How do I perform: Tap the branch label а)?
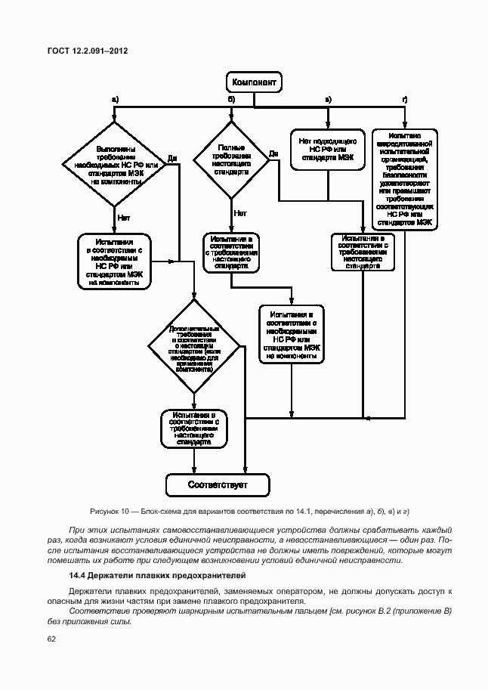115,99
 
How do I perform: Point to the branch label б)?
232,99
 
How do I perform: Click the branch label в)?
328,99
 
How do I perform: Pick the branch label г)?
405,99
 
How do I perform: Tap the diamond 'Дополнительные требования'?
194,348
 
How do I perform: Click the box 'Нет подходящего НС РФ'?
327,150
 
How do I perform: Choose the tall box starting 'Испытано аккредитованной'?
405,180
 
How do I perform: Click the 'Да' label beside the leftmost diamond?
172,159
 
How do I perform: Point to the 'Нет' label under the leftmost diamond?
124,218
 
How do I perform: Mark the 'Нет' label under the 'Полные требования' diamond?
240,213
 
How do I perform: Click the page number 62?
51,639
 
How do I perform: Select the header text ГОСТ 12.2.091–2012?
87,51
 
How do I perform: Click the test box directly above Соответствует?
194,429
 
